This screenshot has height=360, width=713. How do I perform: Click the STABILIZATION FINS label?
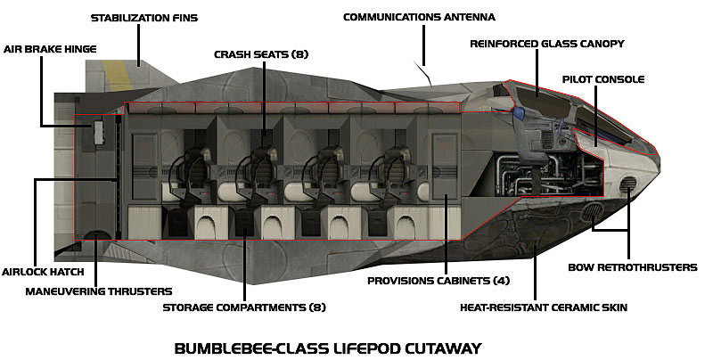[144, 17]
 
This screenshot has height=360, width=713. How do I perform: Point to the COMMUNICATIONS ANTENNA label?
[419, 17]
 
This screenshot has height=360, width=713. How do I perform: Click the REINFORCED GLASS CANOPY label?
[547, 43]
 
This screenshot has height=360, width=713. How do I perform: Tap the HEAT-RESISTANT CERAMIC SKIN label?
[544, 307]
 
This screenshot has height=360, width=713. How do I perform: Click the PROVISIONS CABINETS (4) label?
[430, 280]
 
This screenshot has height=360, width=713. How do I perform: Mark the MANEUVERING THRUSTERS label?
[98, 290]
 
